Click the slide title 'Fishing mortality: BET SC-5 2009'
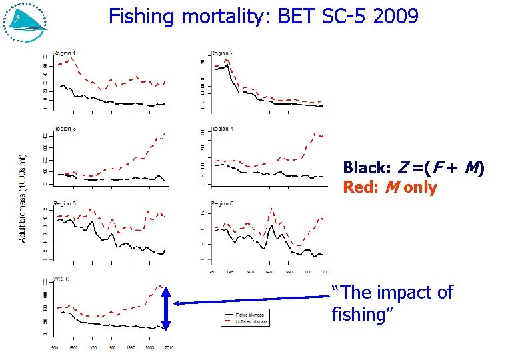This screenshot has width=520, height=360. click(263, 16)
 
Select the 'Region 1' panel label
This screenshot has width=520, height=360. click(64, 53)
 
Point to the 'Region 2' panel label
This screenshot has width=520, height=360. click(222, 53)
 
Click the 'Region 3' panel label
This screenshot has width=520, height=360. click(64, 128)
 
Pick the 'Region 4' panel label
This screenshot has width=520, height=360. click(222, 128)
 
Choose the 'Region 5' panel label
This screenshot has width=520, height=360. click(64, 203)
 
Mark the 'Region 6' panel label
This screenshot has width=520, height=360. click(222, 203)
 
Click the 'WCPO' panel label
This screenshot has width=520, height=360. click(62, 279)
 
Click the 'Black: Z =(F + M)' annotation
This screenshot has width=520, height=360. click(413, 168)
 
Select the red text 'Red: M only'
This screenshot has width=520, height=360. click(389, 188)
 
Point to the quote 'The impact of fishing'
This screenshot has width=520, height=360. click(392, 303)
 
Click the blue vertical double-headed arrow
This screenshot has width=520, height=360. click(166, 307)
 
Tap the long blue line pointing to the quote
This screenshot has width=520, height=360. click(253, 299)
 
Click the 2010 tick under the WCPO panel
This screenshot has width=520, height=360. click(168, 347)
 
